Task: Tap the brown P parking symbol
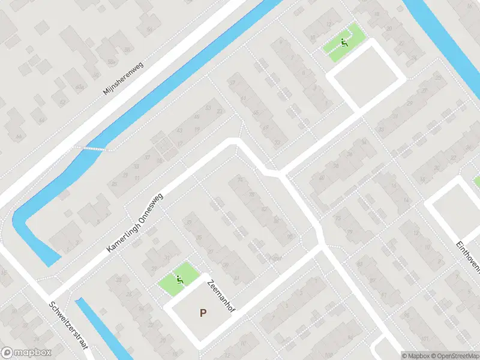click(203, 313)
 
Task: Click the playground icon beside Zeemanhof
click(179, 279)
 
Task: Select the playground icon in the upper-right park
click(343, 42)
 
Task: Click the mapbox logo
click(26, 353)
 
